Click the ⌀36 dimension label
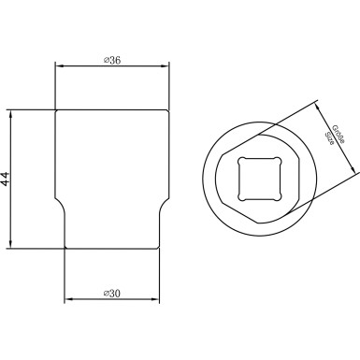[112, 60]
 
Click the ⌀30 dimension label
[112, 294]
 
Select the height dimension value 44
[7, 179]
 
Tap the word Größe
[338, 134]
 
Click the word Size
[329, 138]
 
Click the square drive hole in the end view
[260, 179]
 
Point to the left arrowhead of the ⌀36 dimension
[59, 66]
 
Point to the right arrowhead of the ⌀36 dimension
[165, 66]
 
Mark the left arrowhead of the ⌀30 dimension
[68, 299]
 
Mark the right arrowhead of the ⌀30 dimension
[155, 299]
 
